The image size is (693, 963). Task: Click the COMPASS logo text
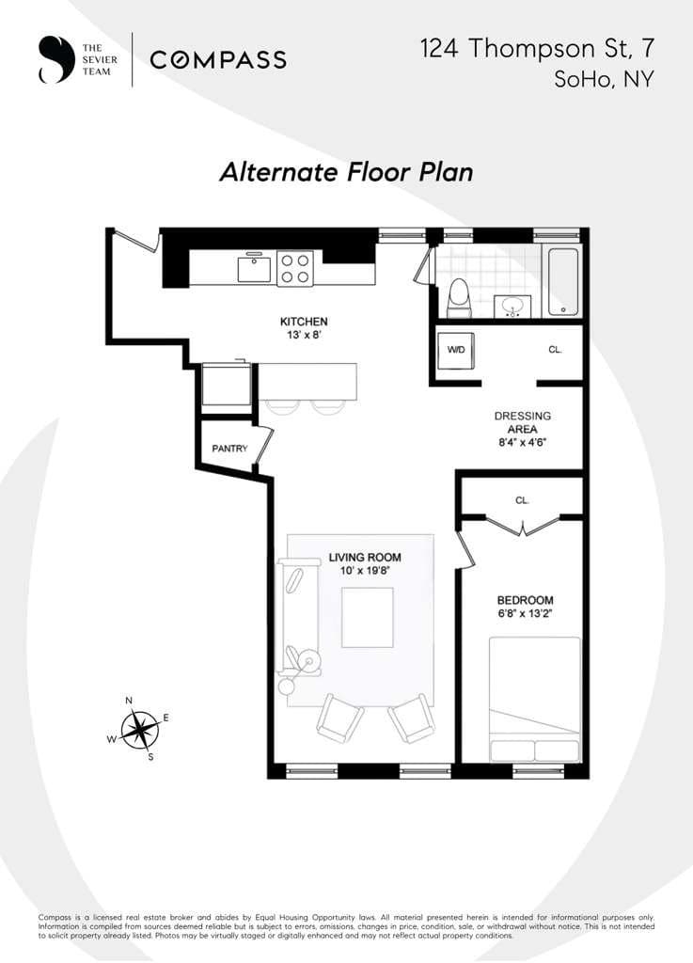218,60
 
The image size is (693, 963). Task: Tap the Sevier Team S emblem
55,59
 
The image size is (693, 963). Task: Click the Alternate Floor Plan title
346,172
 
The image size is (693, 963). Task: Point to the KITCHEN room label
304,322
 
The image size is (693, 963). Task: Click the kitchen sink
254,268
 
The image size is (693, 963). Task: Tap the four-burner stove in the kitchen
295,268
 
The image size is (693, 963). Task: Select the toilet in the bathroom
459,297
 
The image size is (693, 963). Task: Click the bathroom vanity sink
512,306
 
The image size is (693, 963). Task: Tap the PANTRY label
229,449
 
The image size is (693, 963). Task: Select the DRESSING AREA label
523,422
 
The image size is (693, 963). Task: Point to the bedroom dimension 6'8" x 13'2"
525,613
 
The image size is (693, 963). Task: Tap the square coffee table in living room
367,617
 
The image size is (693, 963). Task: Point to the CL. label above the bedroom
522,501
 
